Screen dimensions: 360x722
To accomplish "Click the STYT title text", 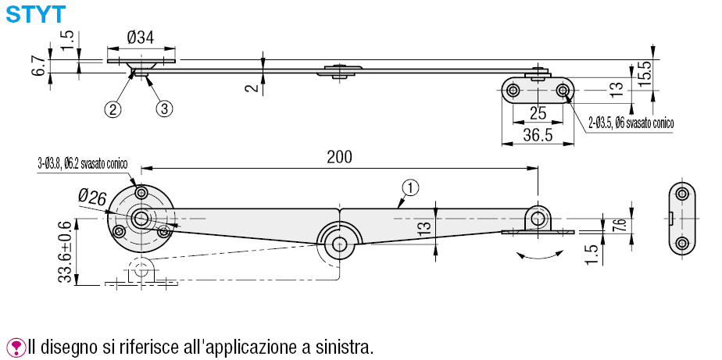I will pos(35,13).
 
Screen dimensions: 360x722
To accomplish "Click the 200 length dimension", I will pos(339,156).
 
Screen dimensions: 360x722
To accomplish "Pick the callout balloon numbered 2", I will pos(114,109).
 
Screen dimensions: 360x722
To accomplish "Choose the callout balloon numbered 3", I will pos(163,109).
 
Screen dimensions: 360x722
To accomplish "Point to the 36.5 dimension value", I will pos(538,135).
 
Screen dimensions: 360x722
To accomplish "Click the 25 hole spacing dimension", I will pos(538,111).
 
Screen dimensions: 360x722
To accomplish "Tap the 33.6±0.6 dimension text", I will pos(67,251).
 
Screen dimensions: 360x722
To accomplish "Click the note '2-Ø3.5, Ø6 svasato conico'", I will pos(631,123).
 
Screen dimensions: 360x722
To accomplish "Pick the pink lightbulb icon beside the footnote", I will pos(15,345).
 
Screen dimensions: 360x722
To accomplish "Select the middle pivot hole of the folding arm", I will pos(340,244).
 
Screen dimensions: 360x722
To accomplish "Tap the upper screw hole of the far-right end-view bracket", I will pos(681,194).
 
